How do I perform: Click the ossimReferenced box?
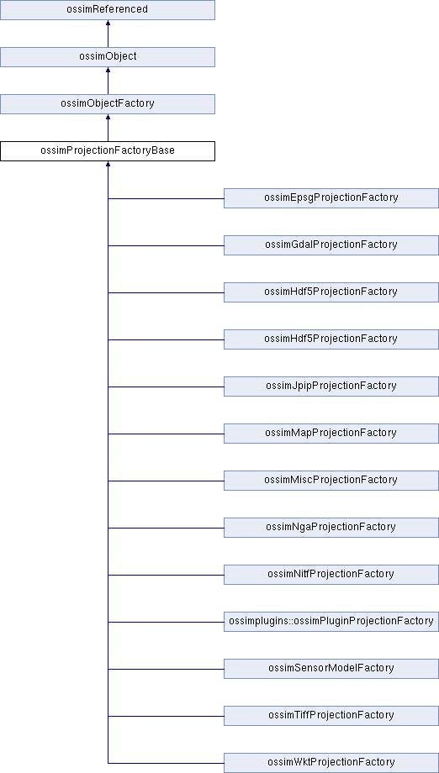[x=108, y=10]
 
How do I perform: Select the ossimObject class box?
[x=108, y=56]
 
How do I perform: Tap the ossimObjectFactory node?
[x=108, y=104]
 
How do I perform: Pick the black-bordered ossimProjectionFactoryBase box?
[x=108, y=151]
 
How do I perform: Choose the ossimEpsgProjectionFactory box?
[x=331, y=198]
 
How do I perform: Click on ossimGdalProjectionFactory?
[x=331, y=245]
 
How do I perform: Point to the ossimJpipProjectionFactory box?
[x=331, y=386]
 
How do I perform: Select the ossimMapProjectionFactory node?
[x=331, y=434]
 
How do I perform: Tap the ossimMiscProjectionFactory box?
[x=331, y=481]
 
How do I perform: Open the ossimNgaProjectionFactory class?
[x=331, y=528]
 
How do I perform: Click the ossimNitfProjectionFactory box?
[x=331, y=575]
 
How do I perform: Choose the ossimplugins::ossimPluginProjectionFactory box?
[x=331, y=622]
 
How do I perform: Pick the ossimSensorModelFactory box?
[x=331, y=669]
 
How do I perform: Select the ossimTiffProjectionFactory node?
[x=331, y=716]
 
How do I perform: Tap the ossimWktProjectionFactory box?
[x=331, y=763]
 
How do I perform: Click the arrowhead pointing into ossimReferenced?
[x=108, y=23]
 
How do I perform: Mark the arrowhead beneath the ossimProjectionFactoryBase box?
[x=108, y=164]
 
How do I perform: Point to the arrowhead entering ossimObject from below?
[x=108, y=70]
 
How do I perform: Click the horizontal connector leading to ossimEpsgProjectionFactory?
[x=166, y=198]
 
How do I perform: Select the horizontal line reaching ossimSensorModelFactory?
[x=166, y=670]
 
